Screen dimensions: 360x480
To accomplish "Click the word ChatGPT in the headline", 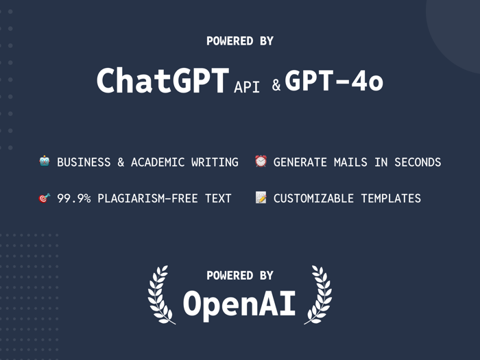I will pyautogui.click(x=162, y=81).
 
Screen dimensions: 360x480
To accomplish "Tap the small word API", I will pyautogui.click(x=247, y=87).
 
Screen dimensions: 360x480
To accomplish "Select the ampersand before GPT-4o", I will pyautogui.click(x=276, y=86).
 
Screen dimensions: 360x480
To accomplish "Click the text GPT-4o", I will pyautogui.click(x=334, y=81).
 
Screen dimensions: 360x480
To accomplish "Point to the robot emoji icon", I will pyautogui.click(x=45, y=162).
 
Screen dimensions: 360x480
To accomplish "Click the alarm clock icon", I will pyautogui.click(x=261, y=162).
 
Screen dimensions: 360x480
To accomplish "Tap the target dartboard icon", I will pyautogui.click(x=45, y=198).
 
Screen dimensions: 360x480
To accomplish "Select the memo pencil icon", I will pyautogui.click(x=261, y=198).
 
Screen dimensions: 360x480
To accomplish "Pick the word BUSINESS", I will pyautogui.click(x=84, y=163).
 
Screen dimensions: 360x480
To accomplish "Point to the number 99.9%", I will pyautogui.click(x=74, y=199).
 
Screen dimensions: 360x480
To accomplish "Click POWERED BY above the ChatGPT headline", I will pyautogui.click(x=240, y=41).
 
